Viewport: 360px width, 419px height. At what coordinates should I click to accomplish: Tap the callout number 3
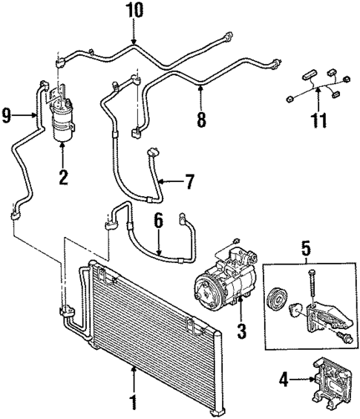click(x=241, y=328)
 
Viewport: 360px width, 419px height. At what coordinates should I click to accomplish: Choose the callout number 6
click(x=158, y=221)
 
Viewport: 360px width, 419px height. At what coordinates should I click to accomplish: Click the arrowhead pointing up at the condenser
click(x=134, y=368)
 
